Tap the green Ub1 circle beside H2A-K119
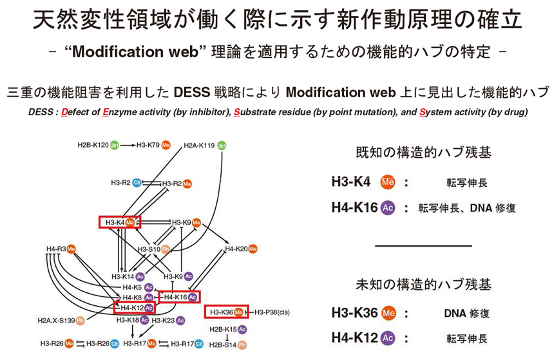[x=222, y=146]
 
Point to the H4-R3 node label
[x=57, y=249]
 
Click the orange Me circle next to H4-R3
[x=72, y=249]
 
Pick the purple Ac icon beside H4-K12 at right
[x=387, y=337]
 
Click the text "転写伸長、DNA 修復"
[x=467, y=208]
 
